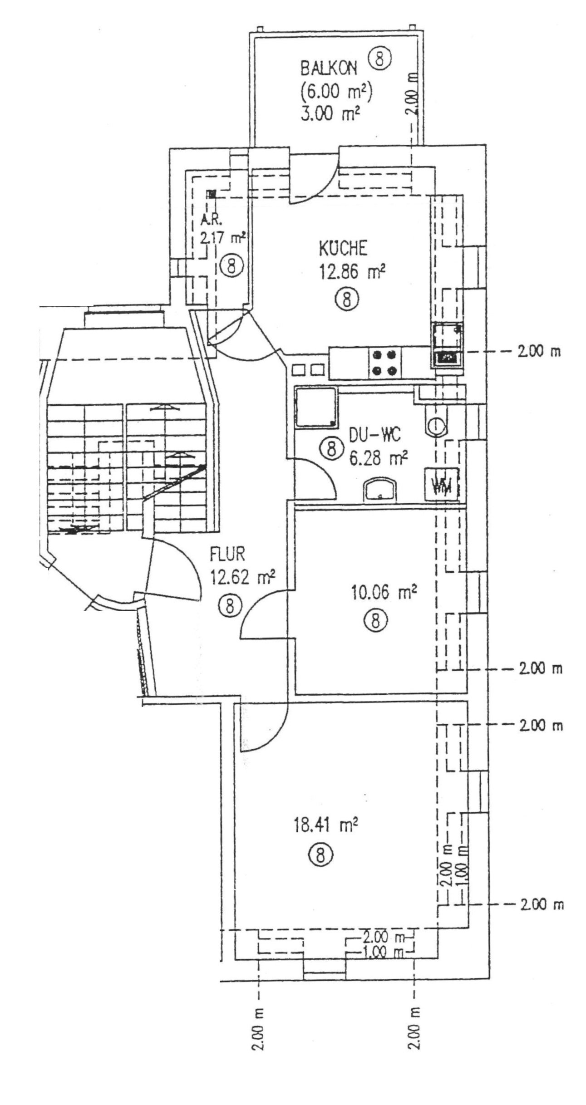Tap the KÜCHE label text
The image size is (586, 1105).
(x=342, y=249)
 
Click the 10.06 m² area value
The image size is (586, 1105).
(x=384, y=593)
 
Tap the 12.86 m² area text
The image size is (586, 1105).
(x=352, y=273)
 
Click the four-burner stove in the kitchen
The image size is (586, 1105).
(x=384, y=363)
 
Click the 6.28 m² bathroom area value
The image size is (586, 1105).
(x=378, y=459)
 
